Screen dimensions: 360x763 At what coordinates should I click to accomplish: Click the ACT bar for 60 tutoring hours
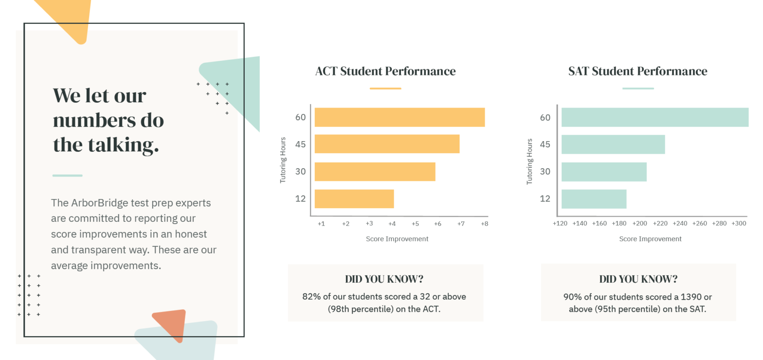coord(400,117)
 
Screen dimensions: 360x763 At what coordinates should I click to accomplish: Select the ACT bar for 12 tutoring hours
coord(354,198)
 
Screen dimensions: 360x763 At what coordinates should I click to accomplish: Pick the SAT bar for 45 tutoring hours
coord(613,144)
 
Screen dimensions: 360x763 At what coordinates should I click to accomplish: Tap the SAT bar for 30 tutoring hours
coord(604,172)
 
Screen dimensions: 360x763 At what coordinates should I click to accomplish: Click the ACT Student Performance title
coord(385,71)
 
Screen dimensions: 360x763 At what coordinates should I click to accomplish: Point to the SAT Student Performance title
coord(637,71)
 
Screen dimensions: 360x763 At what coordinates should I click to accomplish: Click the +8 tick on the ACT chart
coord(484,224)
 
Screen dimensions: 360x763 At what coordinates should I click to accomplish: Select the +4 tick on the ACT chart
coord(392,224)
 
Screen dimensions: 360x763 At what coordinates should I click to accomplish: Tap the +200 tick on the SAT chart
coord(639,223)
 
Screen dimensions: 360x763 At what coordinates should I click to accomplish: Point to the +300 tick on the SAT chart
coord(739,223)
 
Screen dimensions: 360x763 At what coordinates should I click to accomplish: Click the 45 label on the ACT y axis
coord(300,144)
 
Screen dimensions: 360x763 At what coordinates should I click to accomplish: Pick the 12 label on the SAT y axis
coord(545,198)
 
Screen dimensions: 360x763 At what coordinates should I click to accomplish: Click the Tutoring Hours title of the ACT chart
coord(283,160)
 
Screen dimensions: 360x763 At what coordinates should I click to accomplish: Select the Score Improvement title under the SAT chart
coord(650,239)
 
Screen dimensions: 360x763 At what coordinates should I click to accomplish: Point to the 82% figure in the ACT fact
coord(311,296)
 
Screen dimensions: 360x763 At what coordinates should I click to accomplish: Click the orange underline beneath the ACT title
coord(385,89)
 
